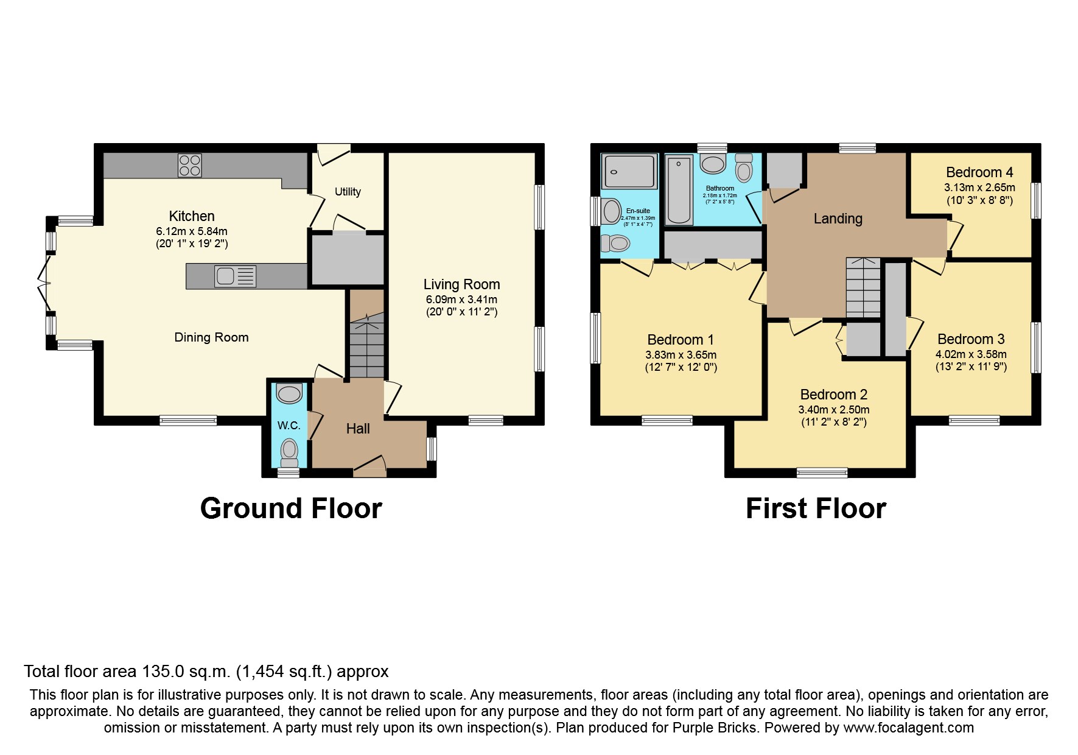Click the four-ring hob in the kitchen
click(x=190, y=165)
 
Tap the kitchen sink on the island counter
click(x=235, y=276)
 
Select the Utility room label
click(x=348, y=192)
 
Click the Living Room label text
click(x=461, y=284)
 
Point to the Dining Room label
click(x=211, y=337)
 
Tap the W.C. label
click(x=289, y=426)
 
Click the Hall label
click(x=358, y=429)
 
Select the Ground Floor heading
click(x=291, y=508)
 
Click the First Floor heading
click(x=816, y=508)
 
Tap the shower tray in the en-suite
click(x=629, y=171)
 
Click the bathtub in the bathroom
click(x=679, y=189)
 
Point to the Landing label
click(x=838, y=219)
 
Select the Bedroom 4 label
click(x=979, y=172)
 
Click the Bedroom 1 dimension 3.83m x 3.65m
click(x=681, y=355)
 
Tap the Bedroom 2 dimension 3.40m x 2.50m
click(x=834, y=410)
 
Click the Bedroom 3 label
click(x=971, y=339)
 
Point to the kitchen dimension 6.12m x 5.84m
click(x=192, y=231)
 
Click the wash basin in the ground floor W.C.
click(x=289, y=393)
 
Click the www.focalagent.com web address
click(x=908, y=728)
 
